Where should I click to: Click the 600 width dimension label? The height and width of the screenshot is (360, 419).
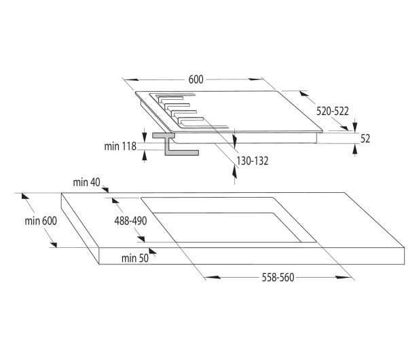(x=196, y=79)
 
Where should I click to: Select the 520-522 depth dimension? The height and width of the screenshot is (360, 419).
(x=333, y=111)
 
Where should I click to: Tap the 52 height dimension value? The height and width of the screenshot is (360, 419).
(x=365, y=139)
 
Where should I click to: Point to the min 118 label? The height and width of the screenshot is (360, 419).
(x=120, y=146)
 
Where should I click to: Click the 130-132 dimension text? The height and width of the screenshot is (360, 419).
(x=253, y=161)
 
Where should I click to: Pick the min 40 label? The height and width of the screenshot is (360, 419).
(x=86, y=182)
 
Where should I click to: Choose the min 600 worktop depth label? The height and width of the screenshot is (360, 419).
(x=41, y=221)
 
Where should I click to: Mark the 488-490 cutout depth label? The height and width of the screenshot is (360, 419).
(x=130, y=221)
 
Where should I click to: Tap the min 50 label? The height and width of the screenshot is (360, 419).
(x=135, y=258)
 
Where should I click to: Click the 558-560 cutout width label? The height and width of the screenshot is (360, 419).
(x=278, y=277)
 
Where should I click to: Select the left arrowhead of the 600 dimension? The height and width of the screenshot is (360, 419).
(x=132, y=79)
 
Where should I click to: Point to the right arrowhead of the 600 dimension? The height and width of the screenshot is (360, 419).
(x=255, y=79)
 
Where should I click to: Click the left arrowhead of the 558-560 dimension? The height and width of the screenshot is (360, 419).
(x=213, y=277)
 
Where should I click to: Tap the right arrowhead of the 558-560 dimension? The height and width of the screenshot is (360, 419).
(x=344, y=277)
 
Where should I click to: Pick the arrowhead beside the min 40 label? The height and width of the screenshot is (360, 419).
(x=105, y=190)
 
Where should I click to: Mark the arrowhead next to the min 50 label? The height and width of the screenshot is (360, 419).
(x=153, y=251)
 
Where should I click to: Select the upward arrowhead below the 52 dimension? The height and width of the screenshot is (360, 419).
(x=355, y=149)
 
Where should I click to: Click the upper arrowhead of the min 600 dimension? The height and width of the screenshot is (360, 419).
(x=25, y=196)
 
